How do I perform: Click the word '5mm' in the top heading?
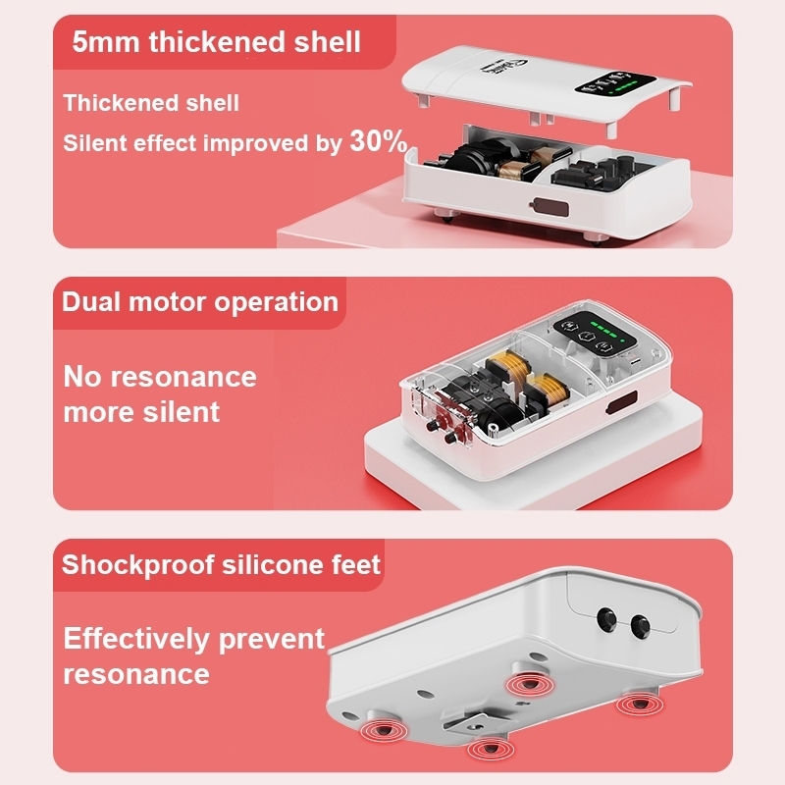click(106, 41)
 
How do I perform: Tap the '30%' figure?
click(379, 140)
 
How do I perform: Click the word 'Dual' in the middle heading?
click(91, 302)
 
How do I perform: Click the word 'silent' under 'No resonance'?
click(181, 411)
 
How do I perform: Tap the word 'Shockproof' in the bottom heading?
click(138, 565)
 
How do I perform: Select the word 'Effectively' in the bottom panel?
click(136, 639)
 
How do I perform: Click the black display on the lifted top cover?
click(615, 82)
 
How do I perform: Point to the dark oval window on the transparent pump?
click(621, 402)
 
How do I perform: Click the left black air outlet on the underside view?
click(607, 619)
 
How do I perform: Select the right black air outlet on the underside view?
click(641, 626)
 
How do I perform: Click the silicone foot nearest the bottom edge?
click(491, 749)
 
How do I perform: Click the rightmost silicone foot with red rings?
click(640, 704)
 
